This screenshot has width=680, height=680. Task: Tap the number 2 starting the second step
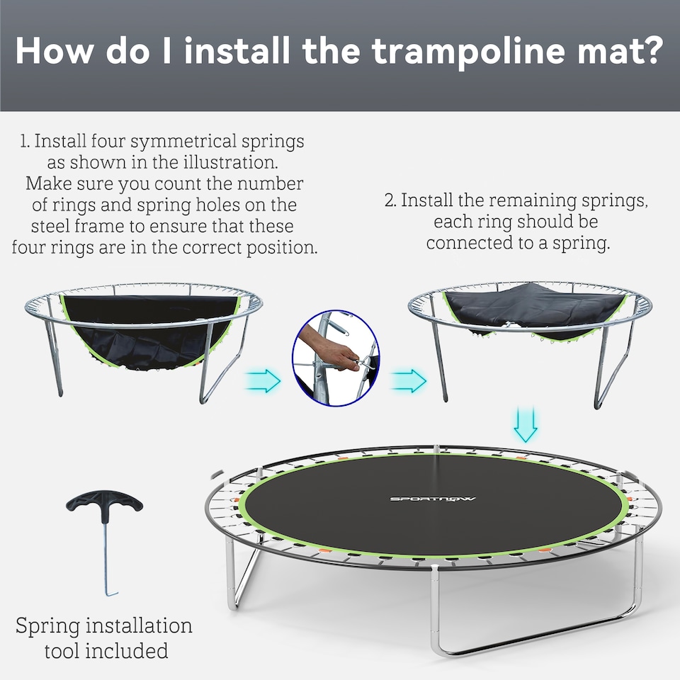[389, 200]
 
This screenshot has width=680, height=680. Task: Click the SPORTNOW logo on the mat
[433, 499]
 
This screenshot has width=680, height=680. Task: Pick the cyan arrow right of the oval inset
[409, 380]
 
